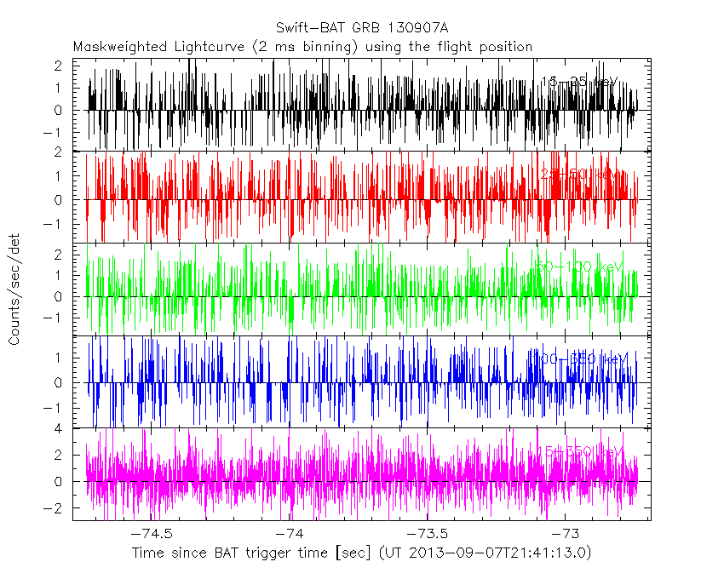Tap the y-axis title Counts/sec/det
(14, 292)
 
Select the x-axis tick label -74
(292, 533)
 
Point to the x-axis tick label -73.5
(430, 533)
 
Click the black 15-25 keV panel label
(579, 83)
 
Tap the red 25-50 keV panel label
(579, 175)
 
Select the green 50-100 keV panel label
(579, 267)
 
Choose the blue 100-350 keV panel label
(579, 359)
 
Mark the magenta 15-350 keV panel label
(579, 451)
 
